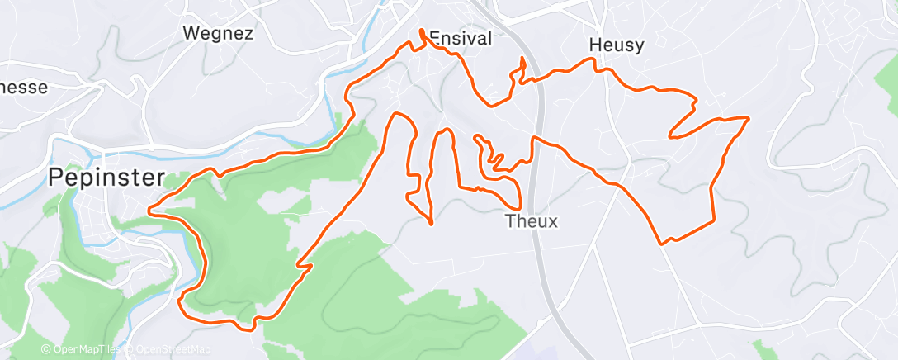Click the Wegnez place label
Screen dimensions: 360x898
click(x=218, y=34)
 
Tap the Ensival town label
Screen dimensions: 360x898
click(x=461, y=38)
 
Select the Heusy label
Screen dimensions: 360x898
click(x=617, y=45)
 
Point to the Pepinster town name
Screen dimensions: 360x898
click(x=106, y=178)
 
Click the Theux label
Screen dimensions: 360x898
click(x=532, y=221)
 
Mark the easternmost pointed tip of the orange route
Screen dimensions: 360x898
click(x=748, y=119)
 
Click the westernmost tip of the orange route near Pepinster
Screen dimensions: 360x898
click(x=149, y=211)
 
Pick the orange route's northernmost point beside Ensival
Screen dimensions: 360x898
click(x=423, y=31)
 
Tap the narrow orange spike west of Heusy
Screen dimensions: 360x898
click(x=522, y=59)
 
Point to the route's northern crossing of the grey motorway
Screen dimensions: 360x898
click(x=538, y=79)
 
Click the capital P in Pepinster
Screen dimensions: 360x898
click(x=56, y=178)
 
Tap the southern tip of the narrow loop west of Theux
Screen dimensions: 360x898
click(x=432, y=223)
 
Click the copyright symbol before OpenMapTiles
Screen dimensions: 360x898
click(x=45, y=350)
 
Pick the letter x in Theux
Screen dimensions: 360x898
click(x=553, y=221)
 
